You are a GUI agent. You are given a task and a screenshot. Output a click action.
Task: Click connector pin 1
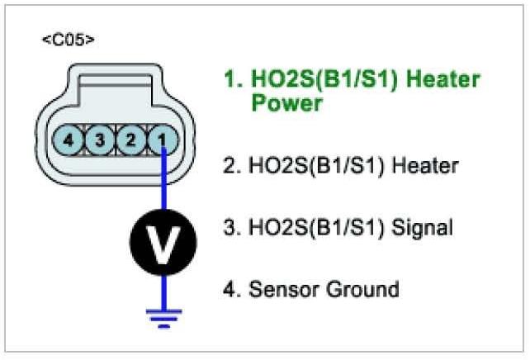point(162,140)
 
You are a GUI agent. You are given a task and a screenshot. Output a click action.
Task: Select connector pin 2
point(130,140)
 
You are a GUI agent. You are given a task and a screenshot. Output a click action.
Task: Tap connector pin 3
point(100,140)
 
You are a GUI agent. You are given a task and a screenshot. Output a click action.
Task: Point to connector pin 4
point(69,140)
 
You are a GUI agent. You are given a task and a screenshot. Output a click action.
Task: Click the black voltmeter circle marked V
point(162,240)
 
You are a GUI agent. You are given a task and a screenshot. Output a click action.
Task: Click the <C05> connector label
point(67,40)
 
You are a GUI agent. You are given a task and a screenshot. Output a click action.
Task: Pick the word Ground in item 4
point(361,289)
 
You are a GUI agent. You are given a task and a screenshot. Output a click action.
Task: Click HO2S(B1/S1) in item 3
point(313,227)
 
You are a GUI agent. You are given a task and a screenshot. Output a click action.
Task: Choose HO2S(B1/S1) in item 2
point(313,166)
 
